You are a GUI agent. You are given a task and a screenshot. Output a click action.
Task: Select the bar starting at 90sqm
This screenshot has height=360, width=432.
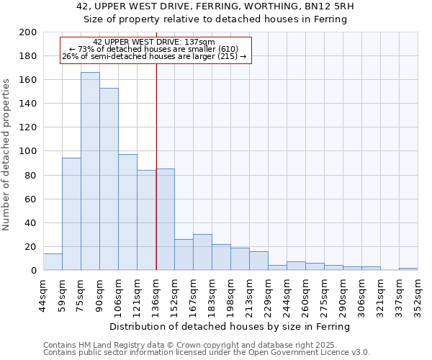point(109,179)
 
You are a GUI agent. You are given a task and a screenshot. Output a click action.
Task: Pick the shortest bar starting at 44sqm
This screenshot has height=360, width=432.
point(53,262)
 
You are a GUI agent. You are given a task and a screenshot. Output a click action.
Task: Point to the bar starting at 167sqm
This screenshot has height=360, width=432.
point(202,252)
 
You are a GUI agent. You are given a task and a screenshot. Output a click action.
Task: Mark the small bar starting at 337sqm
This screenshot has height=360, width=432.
point(408,269)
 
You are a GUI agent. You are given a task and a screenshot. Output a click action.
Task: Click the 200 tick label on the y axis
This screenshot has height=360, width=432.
point(28,32)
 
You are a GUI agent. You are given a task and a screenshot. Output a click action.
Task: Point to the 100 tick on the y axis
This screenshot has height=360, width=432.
point(28,151)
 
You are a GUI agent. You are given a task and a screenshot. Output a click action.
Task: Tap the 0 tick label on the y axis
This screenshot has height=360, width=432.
point(33,271)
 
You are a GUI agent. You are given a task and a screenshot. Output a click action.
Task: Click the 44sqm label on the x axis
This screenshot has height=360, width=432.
point(43,296)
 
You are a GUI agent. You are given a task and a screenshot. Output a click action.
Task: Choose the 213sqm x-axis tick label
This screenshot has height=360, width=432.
point(249,296)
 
